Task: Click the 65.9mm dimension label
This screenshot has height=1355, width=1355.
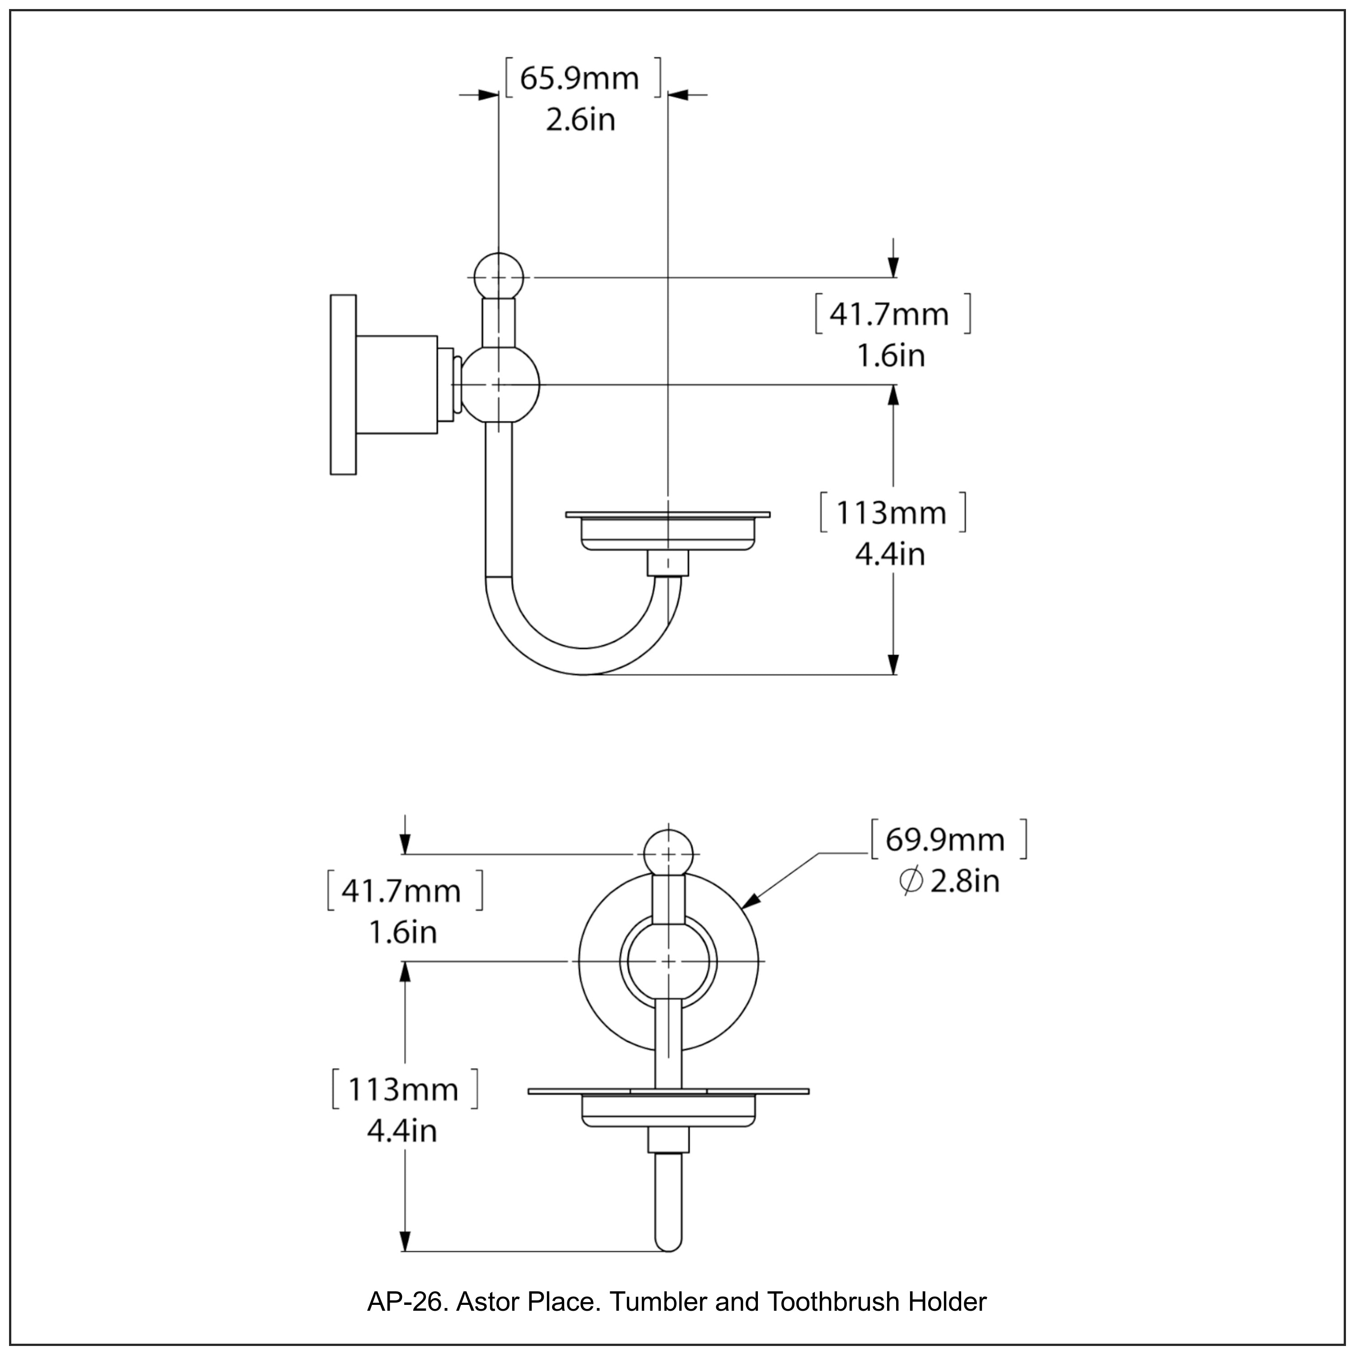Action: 579,79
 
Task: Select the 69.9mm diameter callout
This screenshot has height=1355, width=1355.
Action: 945,840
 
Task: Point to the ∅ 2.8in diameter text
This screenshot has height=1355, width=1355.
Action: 949,881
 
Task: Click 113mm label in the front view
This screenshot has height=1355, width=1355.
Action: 403,1089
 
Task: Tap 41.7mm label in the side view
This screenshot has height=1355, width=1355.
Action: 889,314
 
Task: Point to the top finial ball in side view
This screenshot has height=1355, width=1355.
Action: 499,278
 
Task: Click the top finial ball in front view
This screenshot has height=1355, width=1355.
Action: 668,854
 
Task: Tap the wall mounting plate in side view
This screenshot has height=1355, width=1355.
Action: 343,384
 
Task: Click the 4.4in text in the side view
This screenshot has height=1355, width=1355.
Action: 890,554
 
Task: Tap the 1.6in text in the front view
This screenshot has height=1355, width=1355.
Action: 402,932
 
